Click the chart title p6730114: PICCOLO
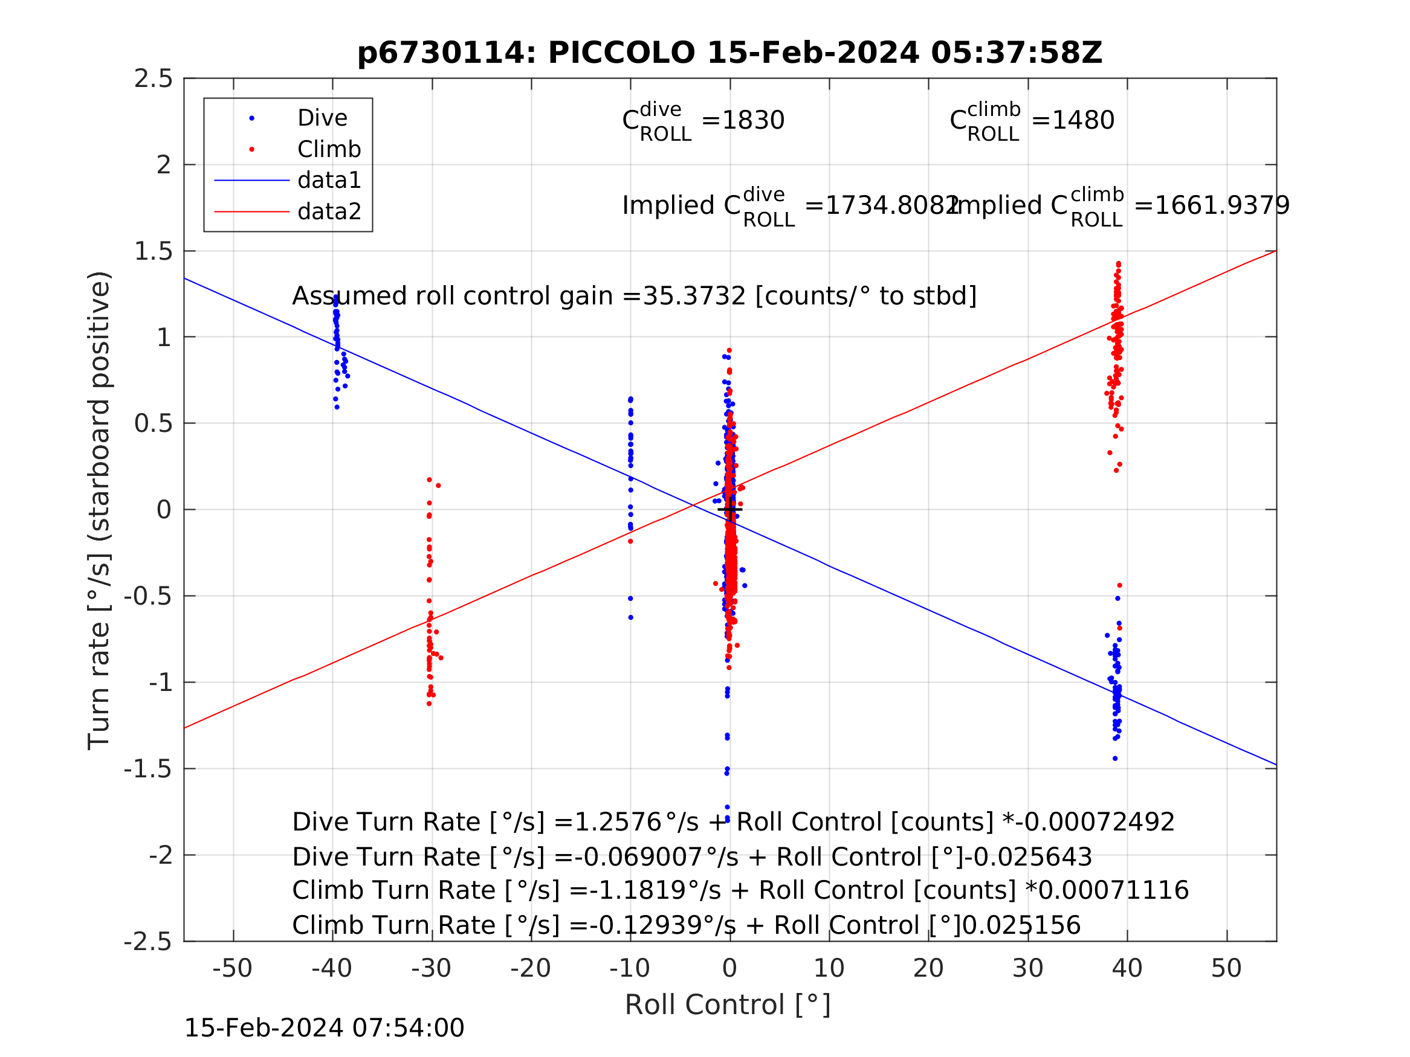[x=729, y=53]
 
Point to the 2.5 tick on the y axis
[x=153, y=79]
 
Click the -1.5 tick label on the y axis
[x=148, y=769]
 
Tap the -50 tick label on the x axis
[x=232, y=969]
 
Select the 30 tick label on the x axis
[x=1027, y=969]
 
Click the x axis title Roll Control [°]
[x=727, y=1006]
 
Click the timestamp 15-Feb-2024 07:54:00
[x=324, y=1029]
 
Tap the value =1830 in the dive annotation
[x=743, y=120]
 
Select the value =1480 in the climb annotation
[x=1073, y=120]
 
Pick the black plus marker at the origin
[x=730, y=510]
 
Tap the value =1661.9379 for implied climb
[x=1211, y=206]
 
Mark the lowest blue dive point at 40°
[x=1115, y=759]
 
